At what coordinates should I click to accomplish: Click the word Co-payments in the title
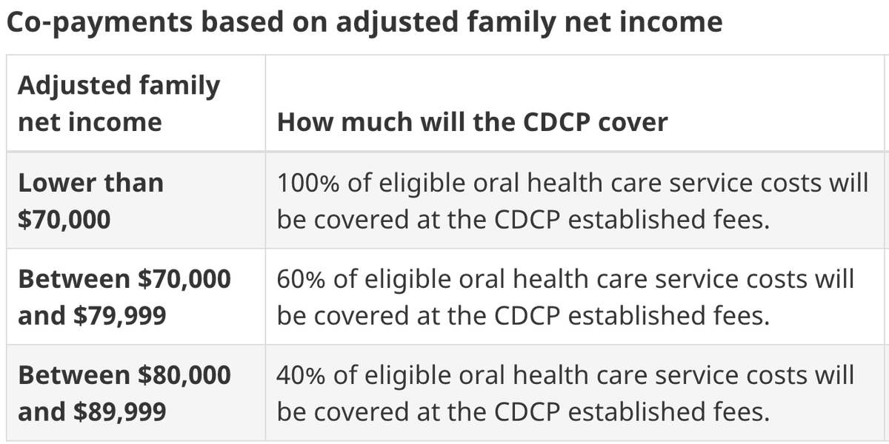(x=99, y=23)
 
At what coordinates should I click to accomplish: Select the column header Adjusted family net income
(x=119, y=103)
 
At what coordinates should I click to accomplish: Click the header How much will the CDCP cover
(x=473, y=121)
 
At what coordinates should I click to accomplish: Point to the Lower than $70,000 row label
(x=91, y=201)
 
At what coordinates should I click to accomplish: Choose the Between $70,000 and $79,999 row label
(x=124, y=297)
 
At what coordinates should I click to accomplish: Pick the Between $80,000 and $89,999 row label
(x=124, y=393)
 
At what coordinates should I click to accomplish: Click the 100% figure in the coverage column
(x=308, y=184)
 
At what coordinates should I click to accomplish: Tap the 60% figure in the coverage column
(x=301, y=279)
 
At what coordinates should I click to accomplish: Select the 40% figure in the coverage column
(x=301, y=375)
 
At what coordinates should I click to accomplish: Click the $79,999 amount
(x=120, y=316)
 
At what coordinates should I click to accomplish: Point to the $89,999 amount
(x=120, y=412)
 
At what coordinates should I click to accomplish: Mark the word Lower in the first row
(x=57, y=184)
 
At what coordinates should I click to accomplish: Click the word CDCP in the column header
(x=556, y=121)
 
